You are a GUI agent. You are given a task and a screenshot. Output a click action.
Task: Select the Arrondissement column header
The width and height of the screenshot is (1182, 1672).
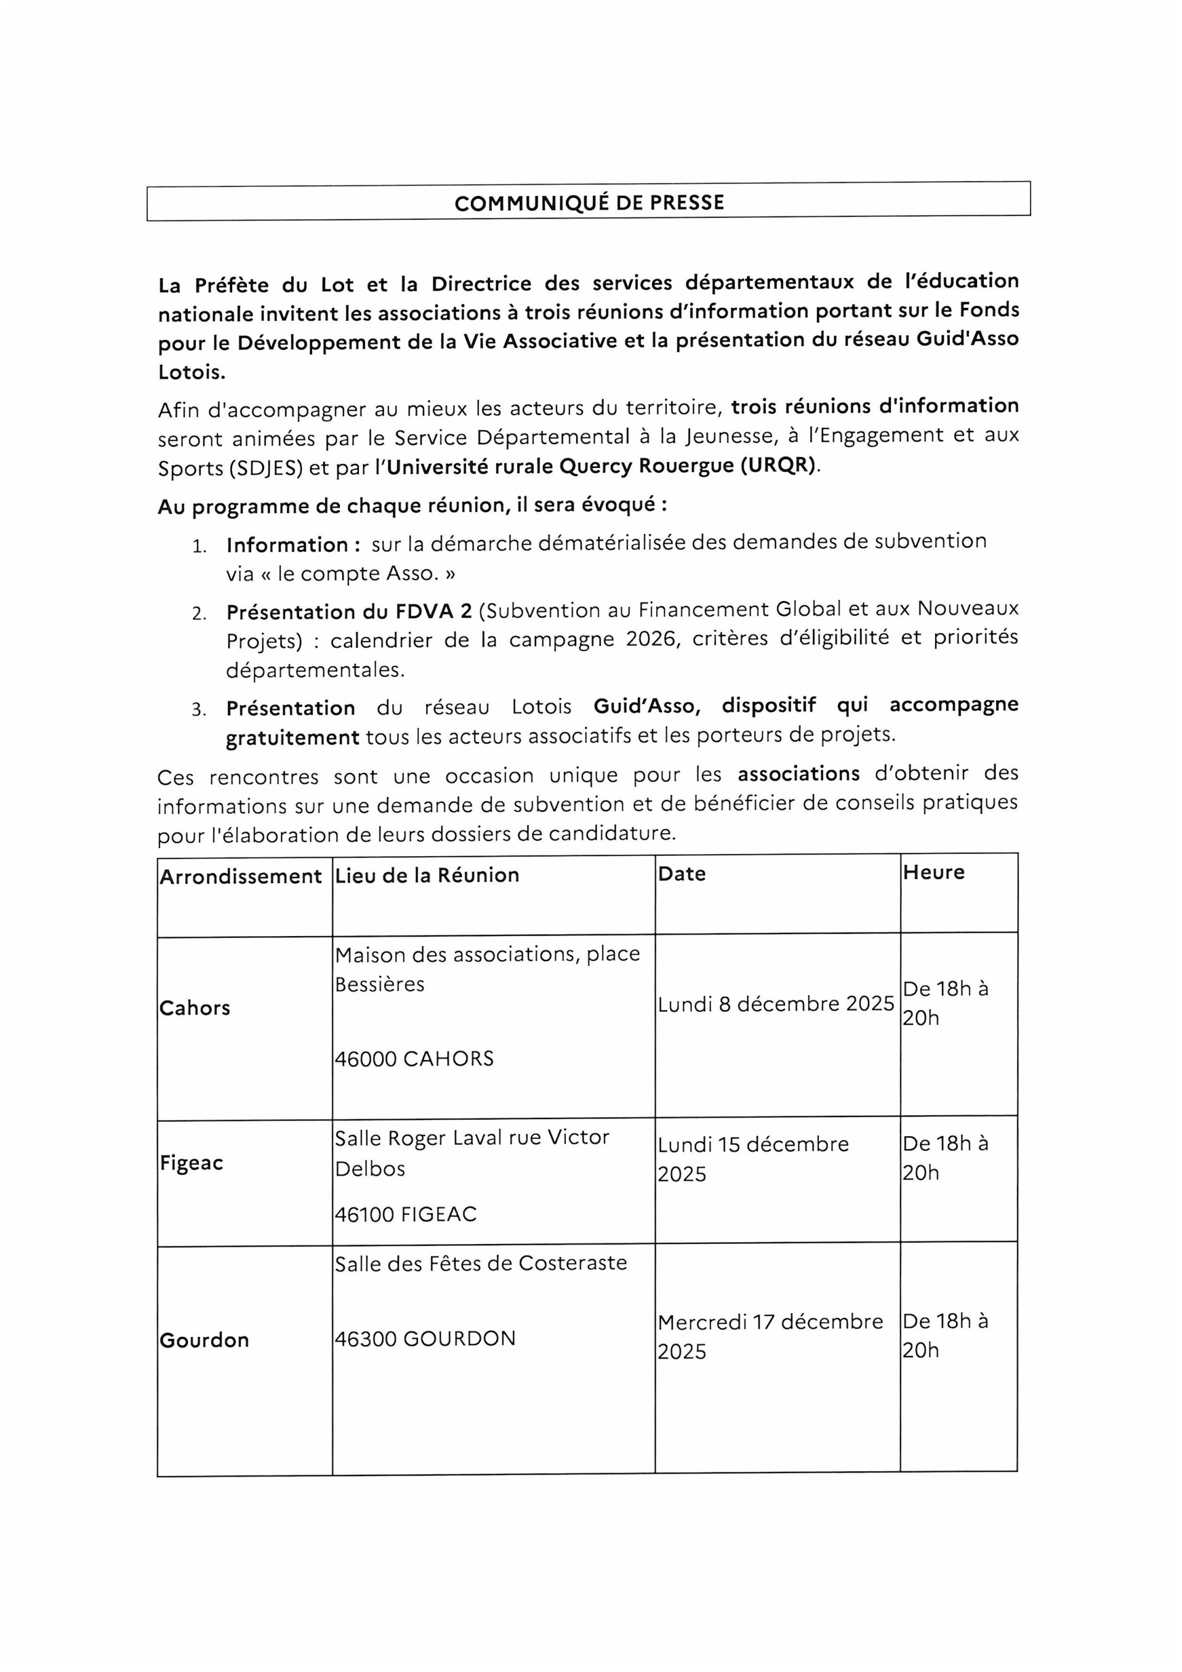click(x=240, y=876)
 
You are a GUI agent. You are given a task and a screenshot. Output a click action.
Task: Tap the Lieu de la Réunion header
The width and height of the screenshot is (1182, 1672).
click(x=427, y=875)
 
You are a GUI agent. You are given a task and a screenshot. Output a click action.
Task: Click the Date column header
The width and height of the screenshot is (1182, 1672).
click(x=681, y=874)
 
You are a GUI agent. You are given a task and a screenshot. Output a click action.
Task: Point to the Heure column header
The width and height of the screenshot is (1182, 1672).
click(x=933, y=873)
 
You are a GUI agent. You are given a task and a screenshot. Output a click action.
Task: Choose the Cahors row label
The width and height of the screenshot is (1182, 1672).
click(x=195, y=1008)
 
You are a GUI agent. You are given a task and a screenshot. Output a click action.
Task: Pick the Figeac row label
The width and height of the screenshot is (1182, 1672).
click(x=191, y=1163)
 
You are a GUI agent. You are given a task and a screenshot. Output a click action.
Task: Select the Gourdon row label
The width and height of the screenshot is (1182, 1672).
click(x=204, y=1340)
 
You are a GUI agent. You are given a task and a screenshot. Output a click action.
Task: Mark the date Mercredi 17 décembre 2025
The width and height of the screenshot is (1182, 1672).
click(x=770, y=1336)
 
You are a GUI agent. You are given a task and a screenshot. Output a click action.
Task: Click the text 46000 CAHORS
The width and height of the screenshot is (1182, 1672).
click(x=414, y=1059)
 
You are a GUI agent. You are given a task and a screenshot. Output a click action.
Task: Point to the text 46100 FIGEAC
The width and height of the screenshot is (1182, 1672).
click(x=406, y=1214)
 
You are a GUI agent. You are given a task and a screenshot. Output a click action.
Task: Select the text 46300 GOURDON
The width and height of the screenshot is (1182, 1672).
click(x=425, y=1338)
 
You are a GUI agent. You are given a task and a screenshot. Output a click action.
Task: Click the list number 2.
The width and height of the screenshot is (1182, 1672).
click(x=199, y=614)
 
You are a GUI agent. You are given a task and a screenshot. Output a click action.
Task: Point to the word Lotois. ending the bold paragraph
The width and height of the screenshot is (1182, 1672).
click(x=191, y=372)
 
